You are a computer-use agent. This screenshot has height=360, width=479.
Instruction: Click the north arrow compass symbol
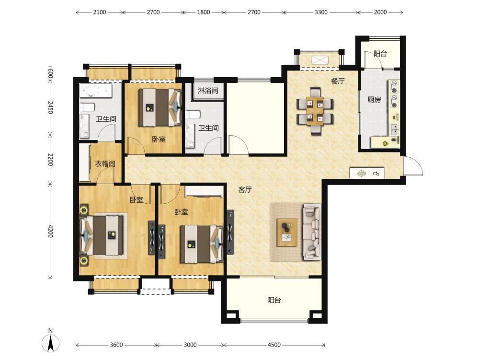51,343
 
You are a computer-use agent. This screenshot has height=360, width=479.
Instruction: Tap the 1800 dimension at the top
204,12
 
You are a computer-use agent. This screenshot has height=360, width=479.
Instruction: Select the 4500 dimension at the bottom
274,345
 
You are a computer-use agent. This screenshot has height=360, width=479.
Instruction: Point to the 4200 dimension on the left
50,231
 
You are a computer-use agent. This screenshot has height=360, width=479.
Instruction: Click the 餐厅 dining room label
338,81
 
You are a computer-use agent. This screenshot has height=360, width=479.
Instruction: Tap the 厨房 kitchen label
374,100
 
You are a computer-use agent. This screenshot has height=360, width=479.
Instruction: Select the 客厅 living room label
245,190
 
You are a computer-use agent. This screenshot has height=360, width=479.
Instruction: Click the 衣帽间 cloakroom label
105,164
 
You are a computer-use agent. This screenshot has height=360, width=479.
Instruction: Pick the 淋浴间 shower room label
208,91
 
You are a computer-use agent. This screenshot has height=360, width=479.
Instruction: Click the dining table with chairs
315,111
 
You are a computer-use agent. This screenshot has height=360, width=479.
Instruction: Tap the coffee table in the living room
287,232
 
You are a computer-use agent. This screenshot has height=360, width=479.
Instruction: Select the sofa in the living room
312,232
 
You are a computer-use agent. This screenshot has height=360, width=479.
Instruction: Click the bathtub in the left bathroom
96,91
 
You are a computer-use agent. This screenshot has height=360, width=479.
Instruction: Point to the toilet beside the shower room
193,115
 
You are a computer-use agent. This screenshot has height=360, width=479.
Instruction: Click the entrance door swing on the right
413,166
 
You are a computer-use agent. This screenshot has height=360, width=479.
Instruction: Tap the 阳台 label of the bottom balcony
274,300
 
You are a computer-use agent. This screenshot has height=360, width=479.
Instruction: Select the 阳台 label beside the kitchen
380,54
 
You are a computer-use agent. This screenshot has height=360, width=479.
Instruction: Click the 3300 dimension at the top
321,12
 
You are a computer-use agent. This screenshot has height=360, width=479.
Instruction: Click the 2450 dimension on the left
50,107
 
